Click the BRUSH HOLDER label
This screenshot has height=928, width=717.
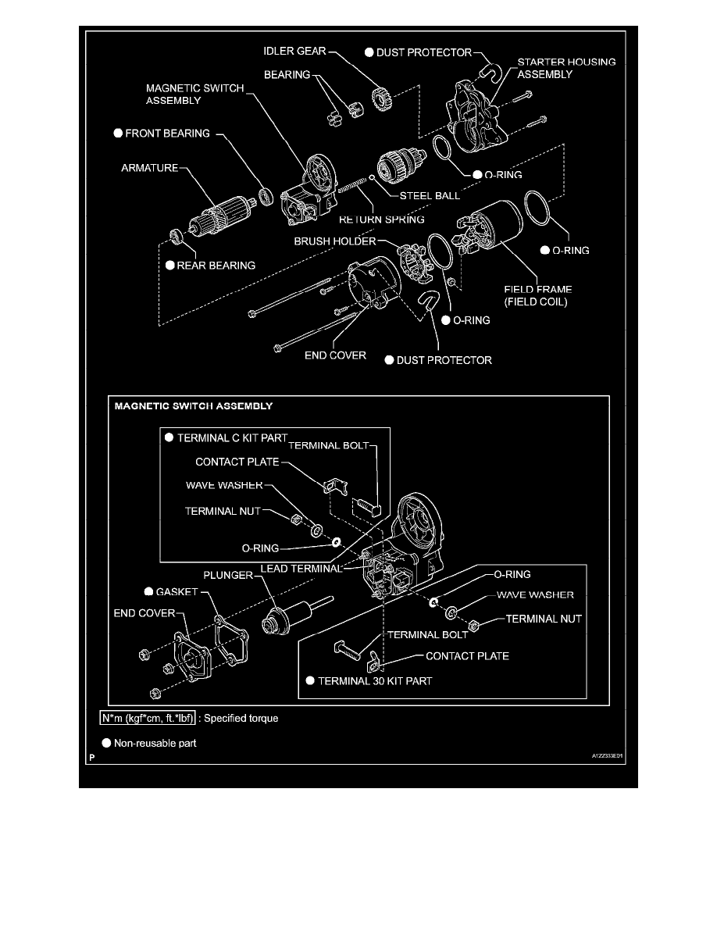(335, 241)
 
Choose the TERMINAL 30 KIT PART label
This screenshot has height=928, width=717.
(374, 680)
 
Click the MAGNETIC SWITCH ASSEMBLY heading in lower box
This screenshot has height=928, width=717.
(194, 407)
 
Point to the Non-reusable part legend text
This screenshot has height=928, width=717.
(155, 743)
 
